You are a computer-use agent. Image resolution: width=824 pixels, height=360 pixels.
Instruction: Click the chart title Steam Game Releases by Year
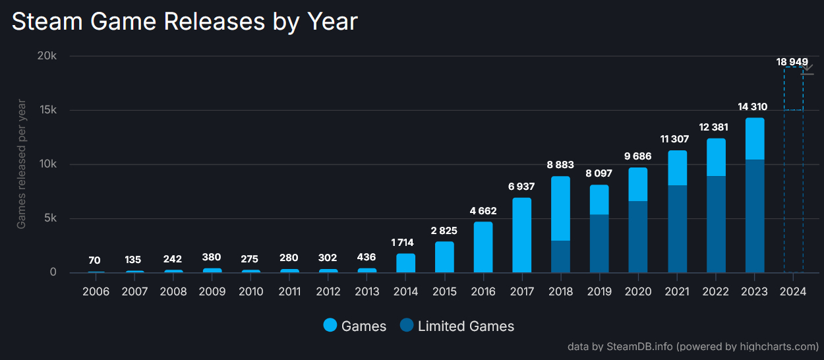[x=185, y=22]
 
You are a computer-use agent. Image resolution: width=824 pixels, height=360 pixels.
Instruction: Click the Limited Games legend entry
[x=457, y=326]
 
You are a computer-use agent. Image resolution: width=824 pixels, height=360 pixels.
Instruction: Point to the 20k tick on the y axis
[x=47, y=56]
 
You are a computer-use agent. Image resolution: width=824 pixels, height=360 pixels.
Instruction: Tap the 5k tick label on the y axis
[x=49, y=218]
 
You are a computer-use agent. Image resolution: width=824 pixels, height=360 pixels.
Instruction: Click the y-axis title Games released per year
[x=22, y=164]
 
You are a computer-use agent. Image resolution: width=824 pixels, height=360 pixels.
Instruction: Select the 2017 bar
[x=521, y=235]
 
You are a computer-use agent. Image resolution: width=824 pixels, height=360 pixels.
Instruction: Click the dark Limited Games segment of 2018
[x=560, y=256]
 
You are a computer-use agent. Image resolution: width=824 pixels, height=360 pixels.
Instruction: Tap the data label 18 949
[x=792, y=62]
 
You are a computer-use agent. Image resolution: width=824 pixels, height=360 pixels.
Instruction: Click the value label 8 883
[x=560, y=165]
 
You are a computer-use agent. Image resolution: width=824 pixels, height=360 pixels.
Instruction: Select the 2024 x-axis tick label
[x=794, y=291]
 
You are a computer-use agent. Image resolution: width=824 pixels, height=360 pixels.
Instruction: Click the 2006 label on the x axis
[x=96, y=291]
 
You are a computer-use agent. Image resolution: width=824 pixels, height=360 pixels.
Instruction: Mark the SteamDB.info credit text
[x=693, y=346]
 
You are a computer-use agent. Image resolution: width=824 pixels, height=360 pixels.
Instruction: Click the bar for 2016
[x=483, y=247]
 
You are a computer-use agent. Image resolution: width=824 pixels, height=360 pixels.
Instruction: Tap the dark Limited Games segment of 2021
[x=677, y=229]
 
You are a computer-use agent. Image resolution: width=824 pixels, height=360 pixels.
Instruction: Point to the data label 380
[x=212, y=257]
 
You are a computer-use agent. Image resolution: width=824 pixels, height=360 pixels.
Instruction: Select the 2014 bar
[x=405, y=263]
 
